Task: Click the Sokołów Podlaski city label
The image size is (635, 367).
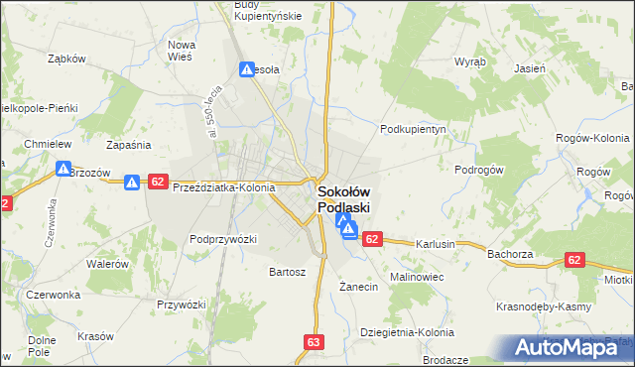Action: coord(343,199)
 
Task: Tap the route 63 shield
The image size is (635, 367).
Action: coord(315,342)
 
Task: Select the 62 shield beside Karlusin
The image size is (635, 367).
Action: coord(372,239)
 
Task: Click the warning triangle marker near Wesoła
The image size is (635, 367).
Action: coord(247,69)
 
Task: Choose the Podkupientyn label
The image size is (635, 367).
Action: coord(416,129)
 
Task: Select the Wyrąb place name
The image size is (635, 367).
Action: coord(470,61)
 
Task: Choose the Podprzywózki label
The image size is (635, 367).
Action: coord(223,239)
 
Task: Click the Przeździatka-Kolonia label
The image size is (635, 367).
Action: coord(224,186)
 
